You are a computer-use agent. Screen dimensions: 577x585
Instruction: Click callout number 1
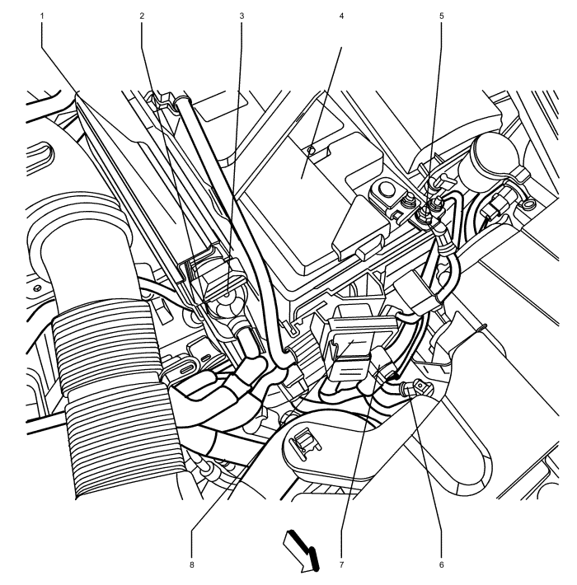(x=42, y=16)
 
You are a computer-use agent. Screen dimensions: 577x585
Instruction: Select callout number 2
(x=142, y=16)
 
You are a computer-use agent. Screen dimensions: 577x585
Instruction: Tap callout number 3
(x=242, y=16)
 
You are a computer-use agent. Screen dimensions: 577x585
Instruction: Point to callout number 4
(x=341, y=16)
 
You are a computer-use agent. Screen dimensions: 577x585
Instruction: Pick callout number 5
(x=442, y=16)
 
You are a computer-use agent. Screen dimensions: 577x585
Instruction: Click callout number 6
(x=442, y=564)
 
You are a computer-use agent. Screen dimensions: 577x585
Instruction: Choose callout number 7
(x=341, y=564)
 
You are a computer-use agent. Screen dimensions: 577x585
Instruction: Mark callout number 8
(x=192, y=564)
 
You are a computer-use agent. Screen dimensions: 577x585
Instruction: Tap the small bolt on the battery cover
(x=310, y=150)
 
